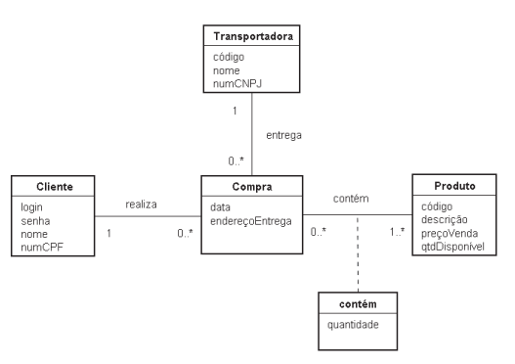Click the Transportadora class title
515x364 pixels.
click(253, 36)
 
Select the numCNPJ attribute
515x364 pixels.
click(237, 84)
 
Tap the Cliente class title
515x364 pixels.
click(55, 187)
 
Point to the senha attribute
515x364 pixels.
click(35, 221)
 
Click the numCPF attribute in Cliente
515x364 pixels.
click(42, 248)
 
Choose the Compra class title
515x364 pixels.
click(252, 187)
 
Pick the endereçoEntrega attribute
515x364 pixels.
click(251, 221)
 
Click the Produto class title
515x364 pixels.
click(454, 186)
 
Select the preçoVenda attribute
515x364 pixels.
click(450, 234)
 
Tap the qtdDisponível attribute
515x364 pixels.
click(452, 247)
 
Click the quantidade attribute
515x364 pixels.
click(353, 325)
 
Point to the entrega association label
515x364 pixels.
click(283, 135)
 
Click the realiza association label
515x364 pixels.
click(141, 205)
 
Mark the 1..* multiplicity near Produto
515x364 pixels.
click(397, 232)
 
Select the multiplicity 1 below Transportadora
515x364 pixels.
click(235, 112)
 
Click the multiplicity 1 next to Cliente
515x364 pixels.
click(108, 234)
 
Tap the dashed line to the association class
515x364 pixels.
click(358, 253)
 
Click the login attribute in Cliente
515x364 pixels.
click(31, 207)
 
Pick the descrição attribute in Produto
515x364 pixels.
click(444, 219)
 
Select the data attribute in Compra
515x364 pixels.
click(220, 207)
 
